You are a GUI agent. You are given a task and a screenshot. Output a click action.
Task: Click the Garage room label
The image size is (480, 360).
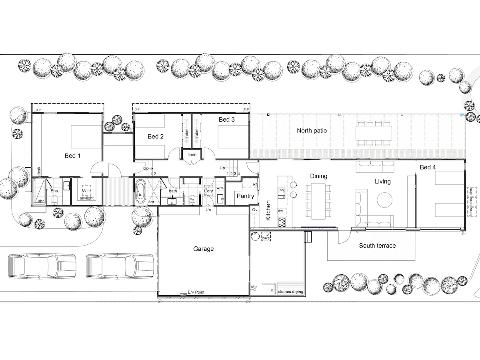coord(203,249)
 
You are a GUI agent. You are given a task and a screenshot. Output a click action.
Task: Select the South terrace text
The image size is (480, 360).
coord(377,246)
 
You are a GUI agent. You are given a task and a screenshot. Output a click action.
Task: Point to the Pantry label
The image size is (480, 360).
coord(246,196)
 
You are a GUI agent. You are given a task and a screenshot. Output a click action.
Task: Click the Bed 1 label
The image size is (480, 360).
coord(72,156)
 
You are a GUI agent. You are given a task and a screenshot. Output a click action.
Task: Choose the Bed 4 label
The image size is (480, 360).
coord(428,167)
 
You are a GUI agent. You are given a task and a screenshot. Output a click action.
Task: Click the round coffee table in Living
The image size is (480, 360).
coord(384,200)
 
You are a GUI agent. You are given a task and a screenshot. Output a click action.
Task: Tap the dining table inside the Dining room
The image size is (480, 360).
coord(319,201)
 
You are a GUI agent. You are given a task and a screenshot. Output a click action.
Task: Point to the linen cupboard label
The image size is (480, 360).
coord(192,155)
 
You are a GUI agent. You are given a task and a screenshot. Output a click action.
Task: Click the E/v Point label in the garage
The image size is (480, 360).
coord(196,292)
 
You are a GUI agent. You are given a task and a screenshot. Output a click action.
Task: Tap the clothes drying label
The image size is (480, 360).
coord(290,292)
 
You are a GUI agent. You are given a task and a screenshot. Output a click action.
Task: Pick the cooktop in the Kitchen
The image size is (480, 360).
coord(282,222)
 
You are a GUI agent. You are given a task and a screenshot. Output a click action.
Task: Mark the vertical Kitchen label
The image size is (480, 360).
coord(268,210)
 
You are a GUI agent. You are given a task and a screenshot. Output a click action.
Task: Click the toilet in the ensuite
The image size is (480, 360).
coord(55,200)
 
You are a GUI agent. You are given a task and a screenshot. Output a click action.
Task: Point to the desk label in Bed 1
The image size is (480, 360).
coord(39,171)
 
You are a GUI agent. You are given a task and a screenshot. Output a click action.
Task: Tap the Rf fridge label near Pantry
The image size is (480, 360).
coord(254,184)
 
